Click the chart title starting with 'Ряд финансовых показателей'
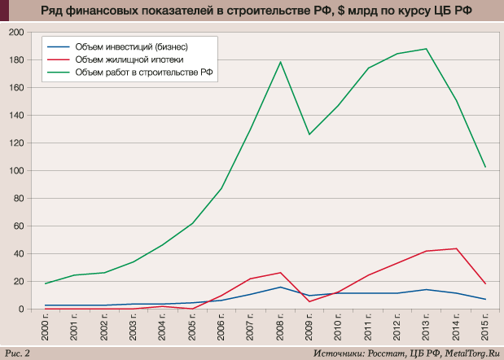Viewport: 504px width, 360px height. (x=252, y=11)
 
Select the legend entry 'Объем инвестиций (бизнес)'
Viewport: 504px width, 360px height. (x=131, y=46)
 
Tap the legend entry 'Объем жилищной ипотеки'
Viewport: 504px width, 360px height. (x=128, y=59)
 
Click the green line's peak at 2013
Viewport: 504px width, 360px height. (x=427, y=49)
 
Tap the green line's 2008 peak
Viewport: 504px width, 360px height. (x=281, y=62)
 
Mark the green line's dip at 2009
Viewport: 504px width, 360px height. (x=309, y=134)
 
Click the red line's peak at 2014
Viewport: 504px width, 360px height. (x=456, y=248)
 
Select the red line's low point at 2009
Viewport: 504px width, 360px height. (x=309, y=301)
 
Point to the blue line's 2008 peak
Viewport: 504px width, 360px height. (x=281, y=287)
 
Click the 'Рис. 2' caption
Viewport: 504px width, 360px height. (x=18, y=352)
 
